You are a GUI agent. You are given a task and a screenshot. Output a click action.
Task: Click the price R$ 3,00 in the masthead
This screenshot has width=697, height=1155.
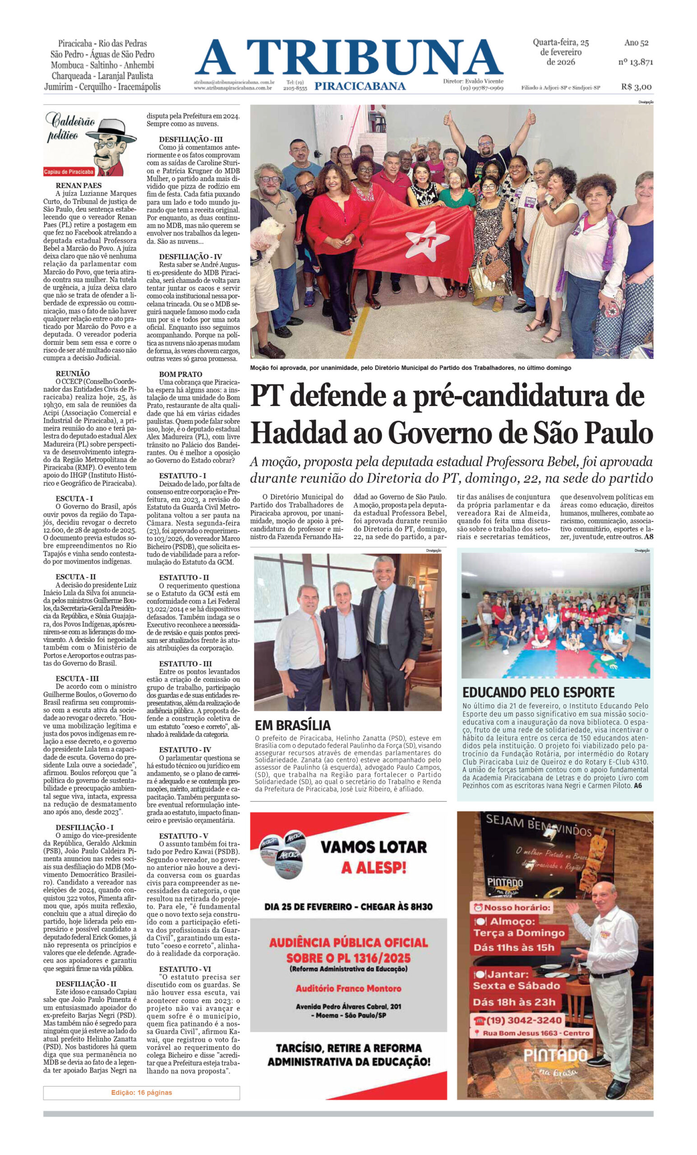tap(636, 87)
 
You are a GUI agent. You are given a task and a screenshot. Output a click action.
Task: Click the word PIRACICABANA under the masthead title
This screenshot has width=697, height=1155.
tap(360, 86)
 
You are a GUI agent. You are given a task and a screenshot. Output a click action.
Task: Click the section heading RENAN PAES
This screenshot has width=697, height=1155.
tap(78, 185)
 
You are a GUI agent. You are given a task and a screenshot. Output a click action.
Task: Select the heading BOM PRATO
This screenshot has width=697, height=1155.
tap(180, 374)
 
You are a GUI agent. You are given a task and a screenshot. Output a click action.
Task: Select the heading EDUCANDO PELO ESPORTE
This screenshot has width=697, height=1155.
tap(538, 693)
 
